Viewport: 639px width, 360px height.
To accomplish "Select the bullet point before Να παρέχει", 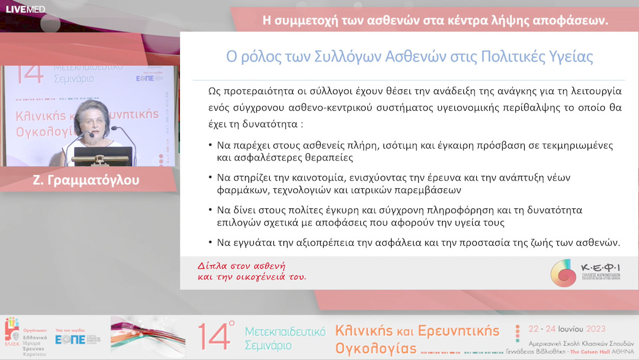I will click(x=211, y=145).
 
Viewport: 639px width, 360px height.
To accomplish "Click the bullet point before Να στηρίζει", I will click(x=211, y=178).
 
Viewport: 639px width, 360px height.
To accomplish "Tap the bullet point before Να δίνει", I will click(x=211, y=210).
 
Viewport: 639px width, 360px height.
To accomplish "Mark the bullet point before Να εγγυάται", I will click(x=211, y=243).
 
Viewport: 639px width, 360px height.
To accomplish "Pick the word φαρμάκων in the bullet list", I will click(x=240, y=190).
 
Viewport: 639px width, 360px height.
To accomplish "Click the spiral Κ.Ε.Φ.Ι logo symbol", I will click(x=563, y=272).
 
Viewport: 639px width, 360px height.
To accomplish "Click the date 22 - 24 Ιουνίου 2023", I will click(x=566, y=329).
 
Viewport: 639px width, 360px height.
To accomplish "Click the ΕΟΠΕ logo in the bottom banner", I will click(x=70, y=339).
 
